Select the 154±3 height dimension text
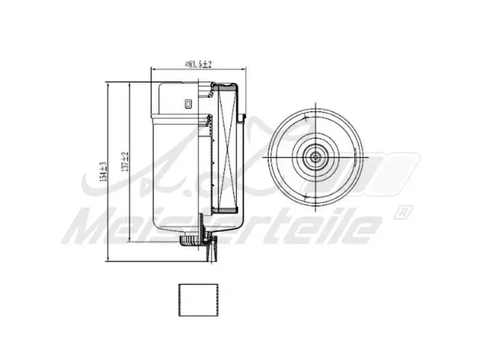tap(103, 172)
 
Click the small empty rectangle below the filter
tap(197, 300)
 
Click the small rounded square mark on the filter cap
tap(188, 104)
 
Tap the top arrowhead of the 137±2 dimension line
tap(129, 83)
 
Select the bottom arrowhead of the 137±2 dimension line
tap(129, 242)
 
